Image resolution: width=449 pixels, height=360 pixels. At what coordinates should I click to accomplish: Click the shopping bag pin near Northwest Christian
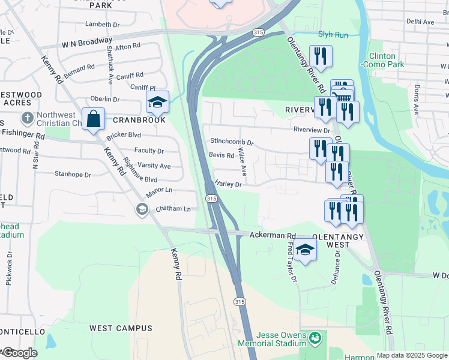click(94, 119)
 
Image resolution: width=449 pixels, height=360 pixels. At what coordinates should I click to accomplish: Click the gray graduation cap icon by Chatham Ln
click(142, 209)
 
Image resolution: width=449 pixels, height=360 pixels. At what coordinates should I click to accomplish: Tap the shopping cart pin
click(342, 97)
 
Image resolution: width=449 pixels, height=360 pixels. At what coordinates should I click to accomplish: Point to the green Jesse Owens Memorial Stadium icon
click(315, 340)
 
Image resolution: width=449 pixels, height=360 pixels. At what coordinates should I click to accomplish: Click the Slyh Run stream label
click(333, 35)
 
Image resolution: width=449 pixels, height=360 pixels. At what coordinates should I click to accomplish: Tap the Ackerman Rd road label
click(274, 236)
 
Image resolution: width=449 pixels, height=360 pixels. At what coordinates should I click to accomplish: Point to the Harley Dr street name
click(228, 185)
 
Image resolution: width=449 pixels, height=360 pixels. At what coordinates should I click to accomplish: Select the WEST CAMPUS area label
click(121, 328)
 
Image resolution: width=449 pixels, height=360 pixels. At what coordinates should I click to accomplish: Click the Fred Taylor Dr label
click(291, 263)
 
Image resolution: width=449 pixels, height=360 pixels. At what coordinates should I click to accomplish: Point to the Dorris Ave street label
click(415, 99)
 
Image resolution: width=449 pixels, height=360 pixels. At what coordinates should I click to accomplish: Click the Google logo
click(20, 353)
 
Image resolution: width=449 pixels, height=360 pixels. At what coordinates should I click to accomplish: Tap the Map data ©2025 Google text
click(412, 355)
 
